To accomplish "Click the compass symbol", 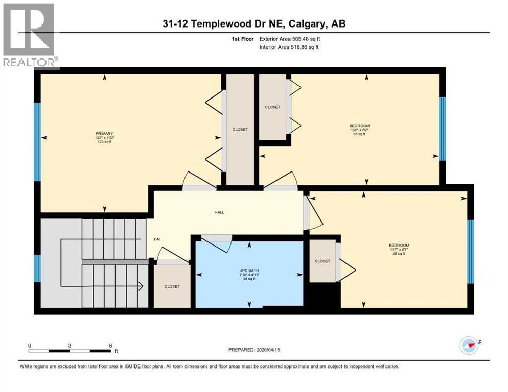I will (x=469, y=346).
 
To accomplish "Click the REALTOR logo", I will (x=29, y=35).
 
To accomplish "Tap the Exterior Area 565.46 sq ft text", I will (x=290, y=38).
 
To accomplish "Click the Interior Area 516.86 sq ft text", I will (x=290, y=47).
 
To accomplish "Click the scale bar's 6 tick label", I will (x=110, y=345).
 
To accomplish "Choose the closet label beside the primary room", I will (x=240, y=130).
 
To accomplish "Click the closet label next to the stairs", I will (x=172, y=286).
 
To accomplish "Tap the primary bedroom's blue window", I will (x=37, y=142).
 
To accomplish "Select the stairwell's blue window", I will (x=37, y=268).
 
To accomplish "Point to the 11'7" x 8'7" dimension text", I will (x=399, y=249).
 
